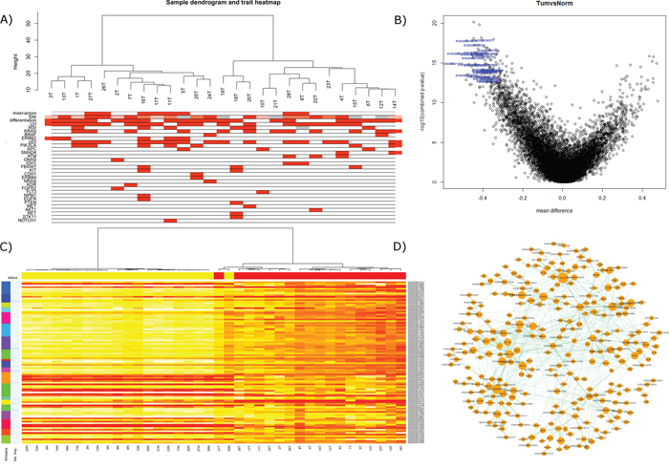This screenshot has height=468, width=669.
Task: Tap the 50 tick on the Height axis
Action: coord(30,21)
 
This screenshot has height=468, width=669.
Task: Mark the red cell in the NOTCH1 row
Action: coord(170,221)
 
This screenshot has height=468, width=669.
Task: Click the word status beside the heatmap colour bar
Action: coord(13,272)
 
